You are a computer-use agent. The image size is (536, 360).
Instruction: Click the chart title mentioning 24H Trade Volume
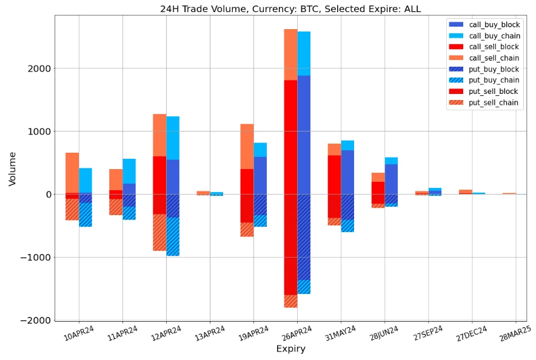tap(290, 8)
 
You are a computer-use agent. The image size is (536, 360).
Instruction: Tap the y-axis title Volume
tap(13, 168)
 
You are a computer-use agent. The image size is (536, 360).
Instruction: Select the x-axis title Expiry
tap(290, 348)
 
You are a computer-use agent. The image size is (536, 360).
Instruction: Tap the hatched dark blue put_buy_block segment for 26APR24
tap(304, 236)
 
